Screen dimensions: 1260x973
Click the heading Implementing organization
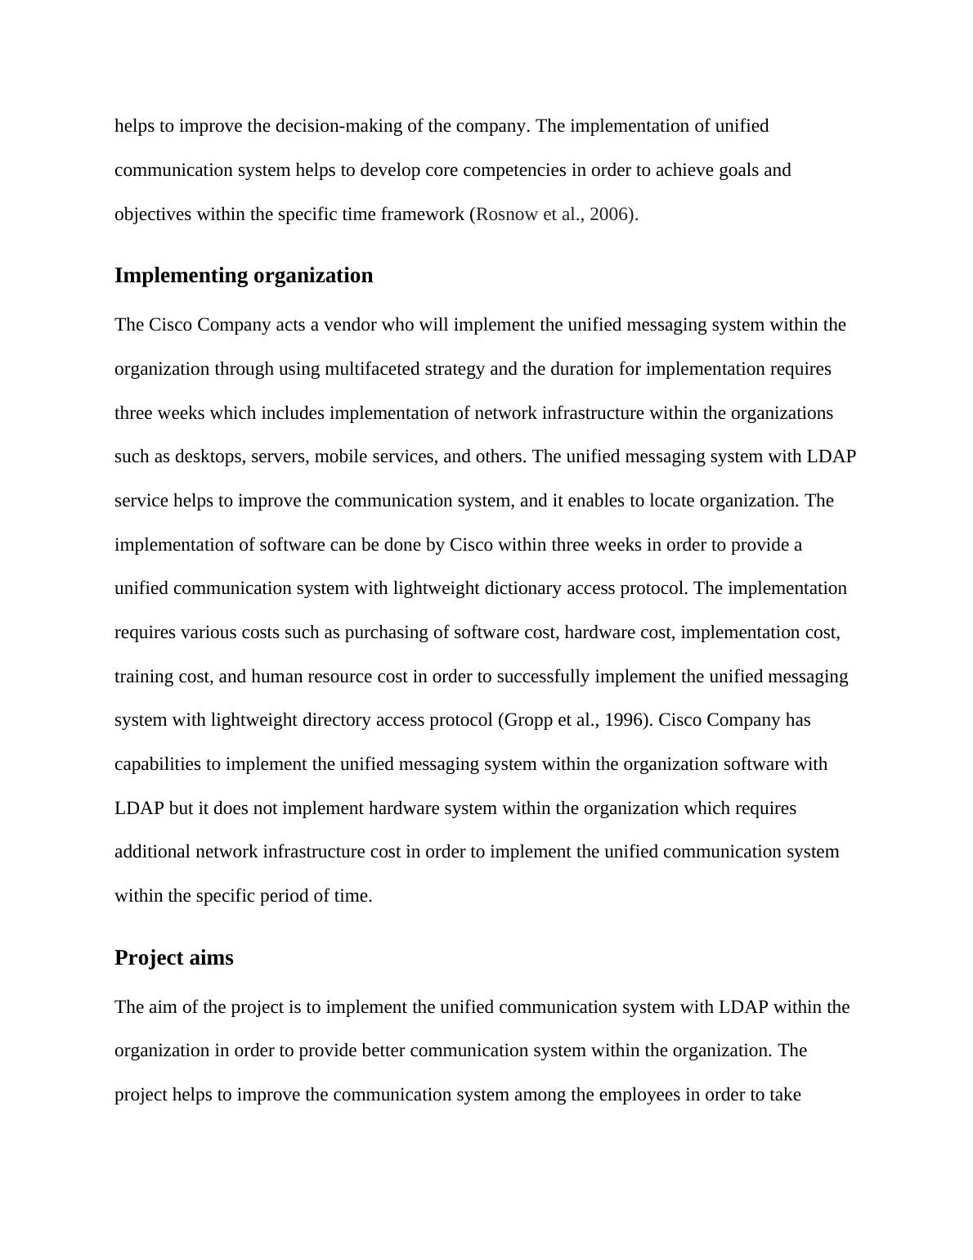coord(243,276)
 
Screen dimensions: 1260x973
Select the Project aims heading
coord(173,958)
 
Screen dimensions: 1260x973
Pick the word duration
coord(581,369)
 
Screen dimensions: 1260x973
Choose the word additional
coord(153,853)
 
